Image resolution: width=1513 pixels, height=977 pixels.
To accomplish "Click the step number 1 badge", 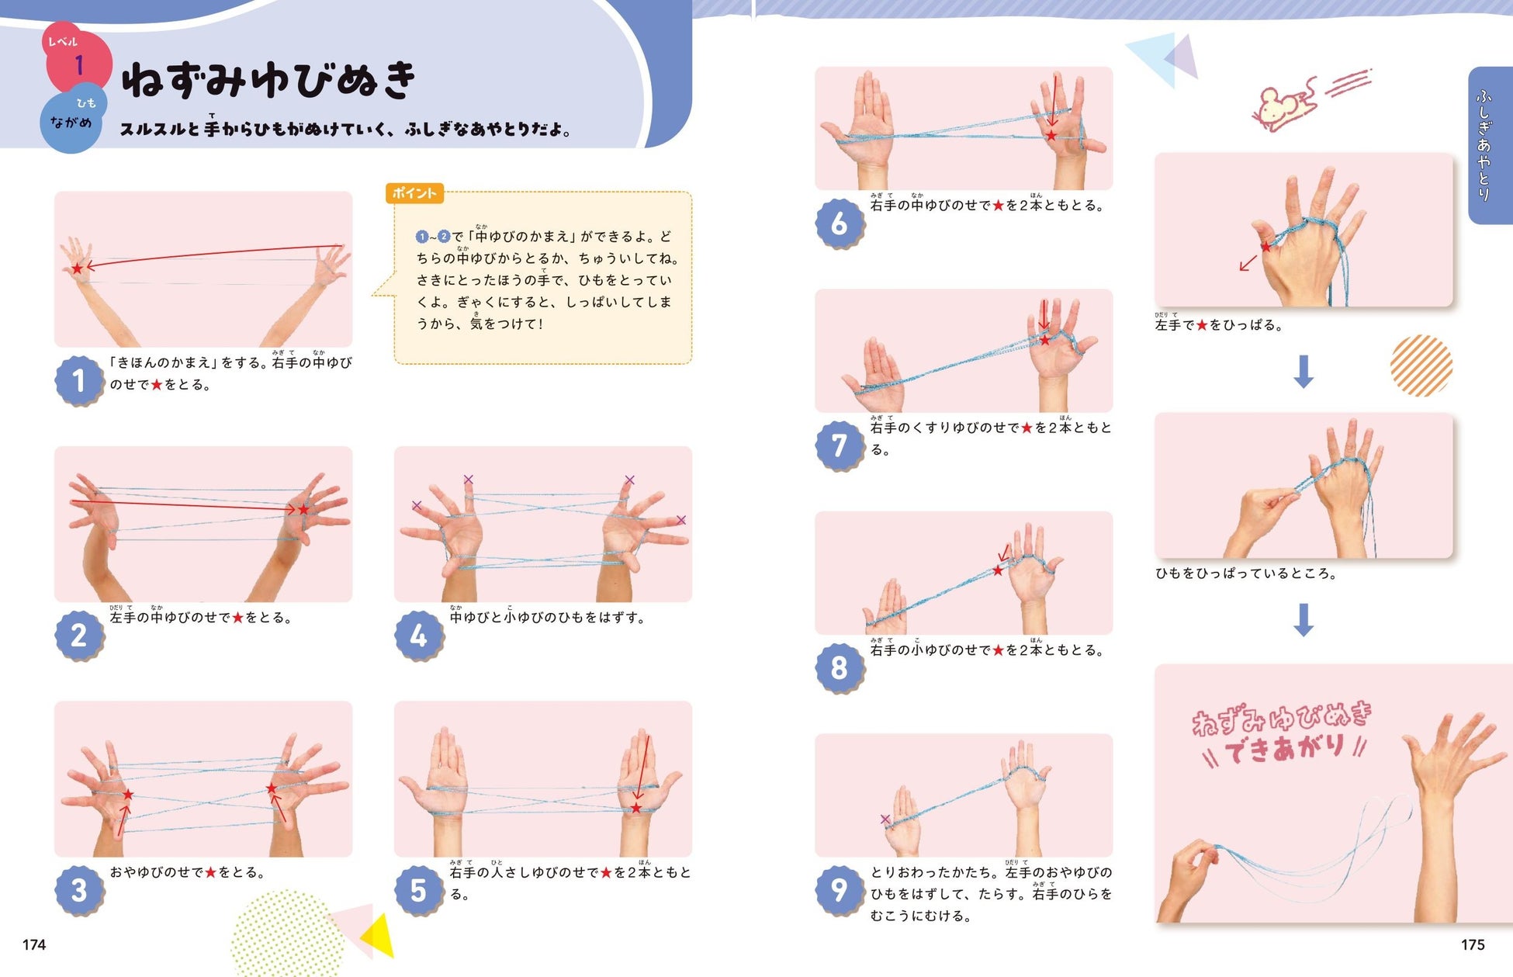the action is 79,380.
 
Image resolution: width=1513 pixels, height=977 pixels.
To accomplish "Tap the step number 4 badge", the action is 419,636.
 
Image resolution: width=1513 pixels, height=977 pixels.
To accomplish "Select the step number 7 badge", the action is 840,445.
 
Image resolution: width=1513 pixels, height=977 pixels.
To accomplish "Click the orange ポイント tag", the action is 414,193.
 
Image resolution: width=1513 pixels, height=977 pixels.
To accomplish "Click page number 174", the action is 34,944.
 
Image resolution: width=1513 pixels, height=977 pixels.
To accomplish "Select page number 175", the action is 1473,944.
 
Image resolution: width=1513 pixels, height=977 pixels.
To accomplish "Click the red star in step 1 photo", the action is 77,269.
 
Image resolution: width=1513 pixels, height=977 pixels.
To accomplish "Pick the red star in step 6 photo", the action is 1051,135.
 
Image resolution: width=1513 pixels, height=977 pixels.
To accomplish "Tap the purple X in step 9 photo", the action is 885,819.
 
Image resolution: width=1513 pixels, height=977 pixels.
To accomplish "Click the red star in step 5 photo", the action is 636,808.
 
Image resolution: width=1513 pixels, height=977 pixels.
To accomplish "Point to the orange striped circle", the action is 1421,366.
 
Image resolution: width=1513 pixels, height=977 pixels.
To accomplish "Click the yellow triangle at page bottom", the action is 379,936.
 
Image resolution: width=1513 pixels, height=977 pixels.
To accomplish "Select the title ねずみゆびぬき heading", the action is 268,80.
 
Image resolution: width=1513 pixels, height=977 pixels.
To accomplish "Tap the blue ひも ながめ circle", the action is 72,118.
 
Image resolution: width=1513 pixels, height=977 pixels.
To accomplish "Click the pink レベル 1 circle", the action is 78,59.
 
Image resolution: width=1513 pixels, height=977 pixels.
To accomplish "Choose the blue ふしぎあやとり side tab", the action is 1490,145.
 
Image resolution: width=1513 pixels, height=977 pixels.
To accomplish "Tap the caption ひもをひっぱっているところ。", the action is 1246,573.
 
